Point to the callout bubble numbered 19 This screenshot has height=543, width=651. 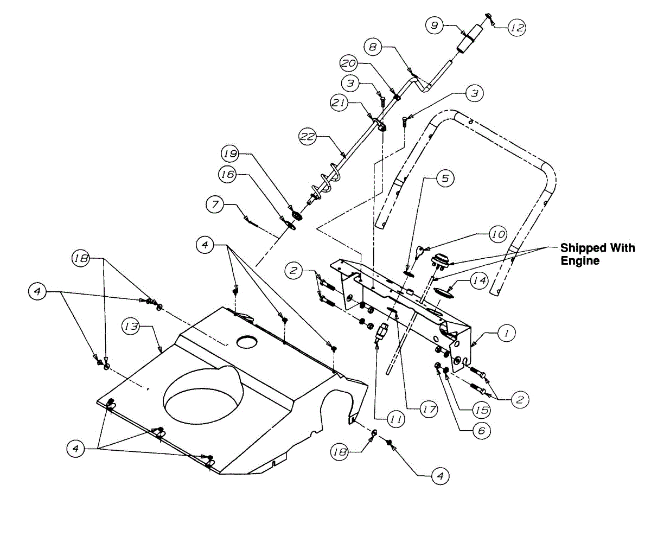click(231, 154)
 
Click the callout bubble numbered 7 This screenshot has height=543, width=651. click(215, 205)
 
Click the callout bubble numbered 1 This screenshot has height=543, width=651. click(506, 335)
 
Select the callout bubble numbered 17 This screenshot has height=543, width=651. click(429, 410)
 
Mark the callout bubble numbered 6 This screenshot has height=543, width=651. click(481, 431)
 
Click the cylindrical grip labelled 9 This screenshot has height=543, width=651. click(469, 38)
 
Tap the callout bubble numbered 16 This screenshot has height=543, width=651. click(228, 174)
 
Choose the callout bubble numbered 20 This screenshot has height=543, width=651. click(349, 63)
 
